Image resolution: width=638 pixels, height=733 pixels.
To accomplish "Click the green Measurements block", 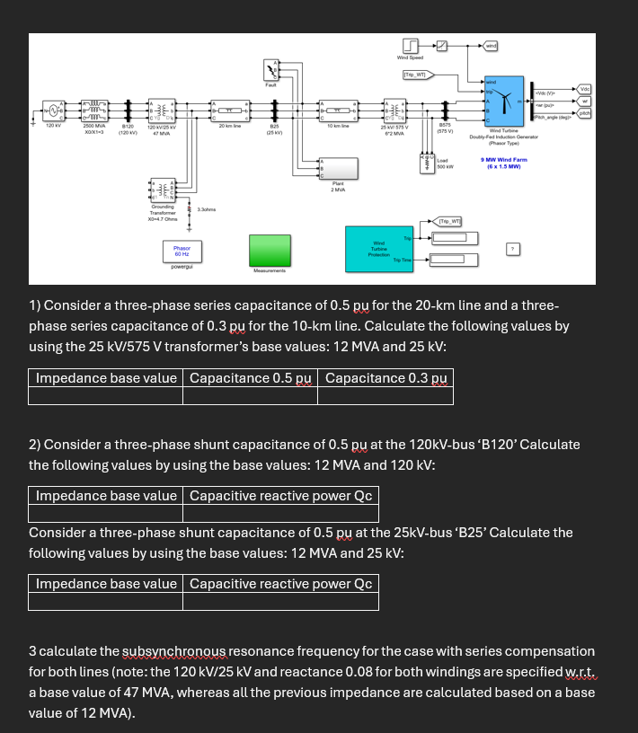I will [270, 250].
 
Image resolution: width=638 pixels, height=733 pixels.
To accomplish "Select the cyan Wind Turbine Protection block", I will [378, 249].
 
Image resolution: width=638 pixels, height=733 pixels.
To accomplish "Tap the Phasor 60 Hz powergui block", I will [182, 250].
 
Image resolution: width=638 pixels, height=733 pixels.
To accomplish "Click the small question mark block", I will [513, 248].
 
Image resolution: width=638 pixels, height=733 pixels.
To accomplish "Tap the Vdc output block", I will [584, 89].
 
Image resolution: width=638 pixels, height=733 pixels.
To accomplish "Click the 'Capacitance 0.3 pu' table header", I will [385, 378].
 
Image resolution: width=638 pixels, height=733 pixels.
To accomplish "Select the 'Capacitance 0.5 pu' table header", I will [250, 378].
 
